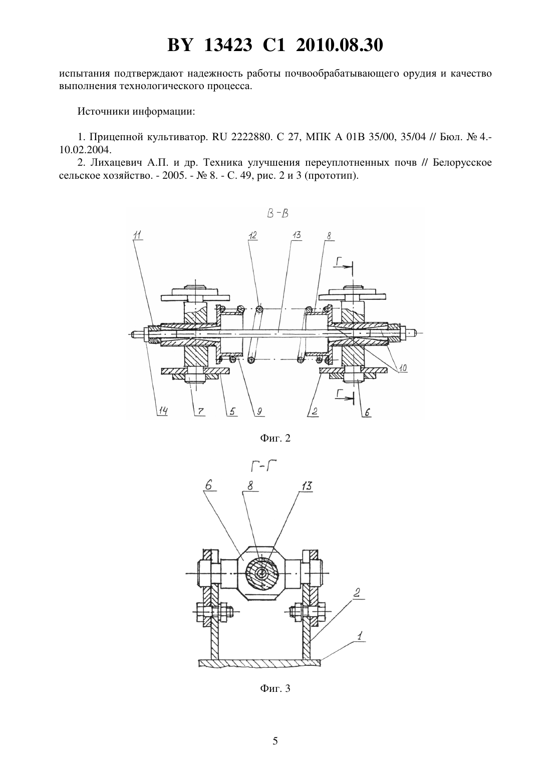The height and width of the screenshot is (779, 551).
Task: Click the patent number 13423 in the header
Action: coord(228,45)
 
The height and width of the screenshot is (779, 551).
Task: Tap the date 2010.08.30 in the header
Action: coord(340,45)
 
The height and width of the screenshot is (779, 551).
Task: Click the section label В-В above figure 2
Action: coord(278,213)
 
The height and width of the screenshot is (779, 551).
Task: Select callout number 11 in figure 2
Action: coord(137,235)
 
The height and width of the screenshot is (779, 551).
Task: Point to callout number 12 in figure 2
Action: coord(252,235)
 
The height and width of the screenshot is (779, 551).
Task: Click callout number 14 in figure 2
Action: coord(163,411)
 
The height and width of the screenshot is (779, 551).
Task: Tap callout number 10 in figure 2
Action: coord(402,368)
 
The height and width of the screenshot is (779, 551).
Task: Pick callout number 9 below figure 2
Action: coord(259,412)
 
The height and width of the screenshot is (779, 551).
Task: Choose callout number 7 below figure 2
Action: coord(201,412)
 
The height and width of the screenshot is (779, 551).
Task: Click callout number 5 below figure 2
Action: coord(232,412)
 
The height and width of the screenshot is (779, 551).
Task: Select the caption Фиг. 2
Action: coord(275,438)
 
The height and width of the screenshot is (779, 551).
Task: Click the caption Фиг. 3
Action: coord(275,688)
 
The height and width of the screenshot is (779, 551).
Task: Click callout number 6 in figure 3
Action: coord(209,485)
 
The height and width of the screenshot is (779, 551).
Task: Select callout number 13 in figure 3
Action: coord(307,486)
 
